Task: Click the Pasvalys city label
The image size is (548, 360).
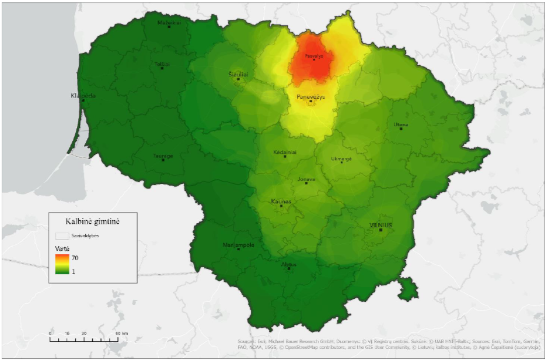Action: [x=314, y=55]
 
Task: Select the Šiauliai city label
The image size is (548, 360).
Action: [x=238, y=75]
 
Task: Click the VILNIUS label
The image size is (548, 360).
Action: [x=381, y=225]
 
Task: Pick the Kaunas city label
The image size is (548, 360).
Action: [x=281, y=201]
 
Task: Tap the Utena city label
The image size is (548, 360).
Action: [x=401, y=125]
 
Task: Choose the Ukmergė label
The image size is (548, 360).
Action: [x=341, y=159]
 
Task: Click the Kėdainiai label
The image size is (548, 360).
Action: [x=285, y=152]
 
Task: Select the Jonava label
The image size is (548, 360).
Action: [x=306, y=179]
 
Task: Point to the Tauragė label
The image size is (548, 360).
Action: [x=163, y=156]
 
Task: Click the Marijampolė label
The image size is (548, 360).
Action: [x=238, y=244]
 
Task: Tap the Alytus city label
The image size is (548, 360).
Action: [x=288, y=264]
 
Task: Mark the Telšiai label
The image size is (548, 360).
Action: [x=162, y=63]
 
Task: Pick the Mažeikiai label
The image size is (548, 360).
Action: [x=169, y=23]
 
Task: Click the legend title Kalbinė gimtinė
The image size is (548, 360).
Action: [x=93, y=221]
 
